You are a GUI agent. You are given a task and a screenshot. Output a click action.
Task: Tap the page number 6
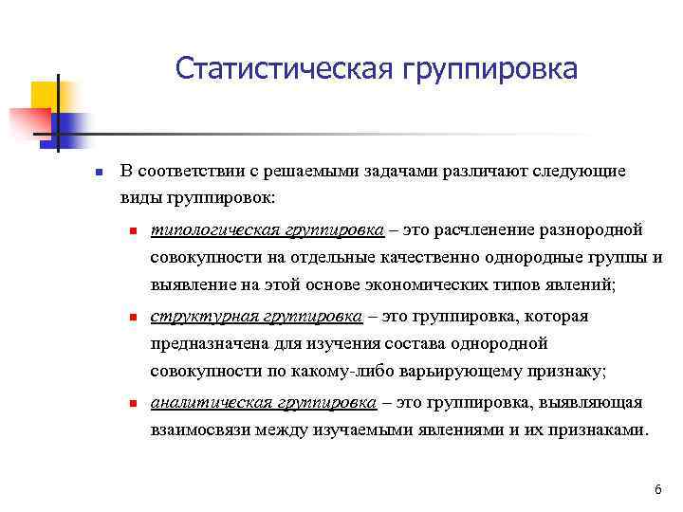(657, 489)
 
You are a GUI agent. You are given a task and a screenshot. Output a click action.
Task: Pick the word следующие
(581, 172)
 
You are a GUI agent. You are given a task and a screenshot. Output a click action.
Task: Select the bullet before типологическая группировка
(135, 230)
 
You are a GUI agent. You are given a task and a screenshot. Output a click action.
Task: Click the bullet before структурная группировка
(135, 317)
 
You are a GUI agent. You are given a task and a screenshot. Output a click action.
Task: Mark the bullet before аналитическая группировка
(135, 403)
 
